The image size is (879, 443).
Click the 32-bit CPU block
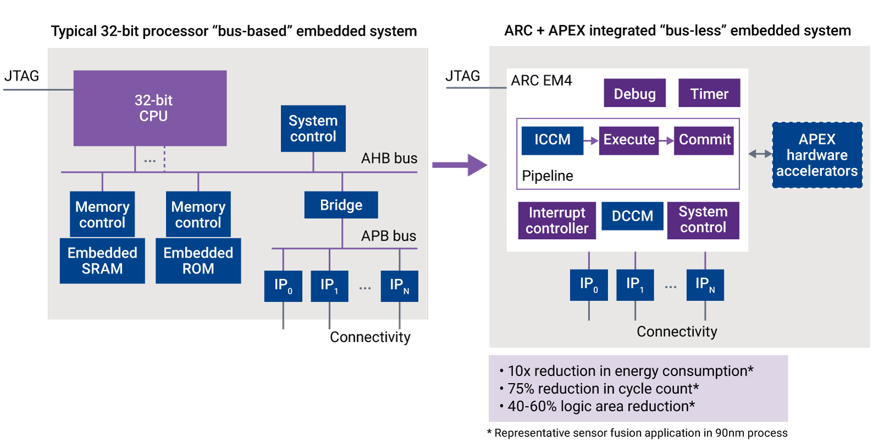pos(150,108)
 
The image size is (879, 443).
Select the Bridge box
pos(341,205)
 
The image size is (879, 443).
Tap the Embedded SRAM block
pos(102,261)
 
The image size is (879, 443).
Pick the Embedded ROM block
pos(198,261)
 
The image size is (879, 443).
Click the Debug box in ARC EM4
pos(635,93)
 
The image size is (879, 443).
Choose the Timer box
pos(709,93)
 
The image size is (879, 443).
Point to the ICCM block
pos(553,141)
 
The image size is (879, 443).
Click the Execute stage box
pos(628,141)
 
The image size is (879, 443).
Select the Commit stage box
pos(704,141)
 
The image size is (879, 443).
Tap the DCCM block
pos(632,216)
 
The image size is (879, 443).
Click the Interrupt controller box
pos(557,221)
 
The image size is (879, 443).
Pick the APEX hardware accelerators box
pos(817,155)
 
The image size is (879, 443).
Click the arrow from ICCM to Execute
pos(591,141)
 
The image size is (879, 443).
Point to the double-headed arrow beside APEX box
pos(760,154)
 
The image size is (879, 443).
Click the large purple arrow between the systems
pos(459,165)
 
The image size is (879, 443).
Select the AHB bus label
pos(389,159)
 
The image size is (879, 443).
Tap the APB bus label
pos(388,236)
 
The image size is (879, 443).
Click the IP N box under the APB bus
pos(399,286)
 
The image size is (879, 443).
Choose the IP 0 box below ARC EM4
pos(588,285)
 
